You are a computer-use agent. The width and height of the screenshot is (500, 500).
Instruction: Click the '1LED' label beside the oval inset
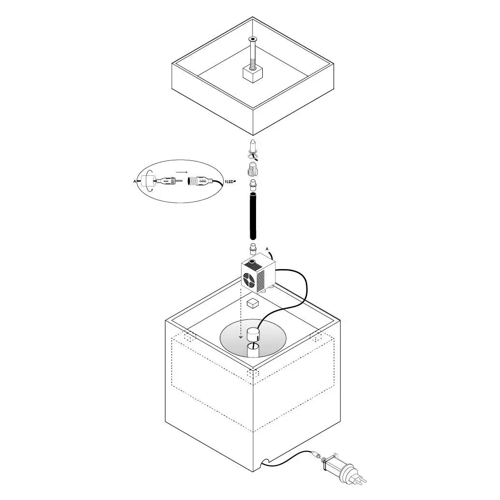229,182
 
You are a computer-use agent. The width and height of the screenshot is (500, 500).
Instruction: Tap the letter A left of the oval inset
135,182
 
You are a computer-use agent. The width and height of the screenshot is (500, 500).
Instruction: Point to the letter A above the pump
267,249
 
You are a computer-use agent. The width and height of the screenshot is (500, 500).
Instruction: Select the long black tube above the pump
253,216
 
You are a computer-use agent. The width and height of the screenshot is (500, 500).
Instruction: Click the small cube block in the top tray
253,74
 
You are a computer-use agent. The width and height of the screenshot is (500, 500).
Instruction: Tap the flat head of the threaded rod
253,39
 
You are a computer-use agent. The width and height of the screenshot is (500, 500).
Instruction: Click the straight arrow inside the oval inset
182,172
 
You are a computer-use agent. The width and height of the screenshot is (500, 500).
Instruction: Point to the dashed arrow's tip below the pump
241,338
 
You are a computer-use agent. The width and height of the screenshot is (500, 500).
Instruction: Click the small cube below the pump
253,303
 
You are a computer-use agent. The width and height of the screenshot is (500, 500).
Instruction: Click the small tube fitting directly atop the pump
253,248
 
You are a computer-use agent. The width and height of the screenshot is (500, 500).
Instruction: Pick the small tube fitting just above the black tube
253,185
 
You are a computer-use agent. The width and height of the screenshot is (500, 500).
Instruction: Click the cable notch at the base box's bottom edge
266,461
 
